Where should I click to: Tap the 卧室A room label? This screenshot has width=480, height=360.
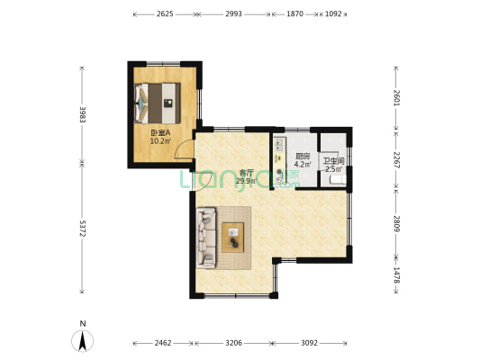coord(160,132)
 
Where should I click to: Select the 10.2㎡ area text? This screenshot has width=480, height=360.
coord(160,140)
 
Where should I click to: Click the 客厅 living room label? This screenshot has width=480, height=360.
coord(246,173)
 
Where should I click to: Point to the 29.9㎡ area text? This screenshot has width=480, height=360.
coord(246,181)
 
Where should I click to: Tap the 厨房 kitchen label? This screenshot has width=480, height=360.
coord(303,157)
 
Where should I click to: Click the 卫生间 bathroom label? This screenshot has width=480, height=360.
coord(333,160)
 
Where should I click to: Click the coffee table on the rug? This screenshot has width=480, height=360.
coord(234,238)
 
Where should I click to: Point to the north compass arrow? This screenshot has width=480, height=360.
coord(82,341)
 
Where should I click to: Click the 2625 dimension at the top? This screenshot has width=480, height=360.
coord(164,14)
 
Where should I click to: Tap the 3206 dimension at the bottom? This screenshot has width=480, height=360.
coord(233,344)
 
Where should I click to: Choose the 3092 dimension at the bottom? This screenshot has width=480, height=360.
coord(309,344)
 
